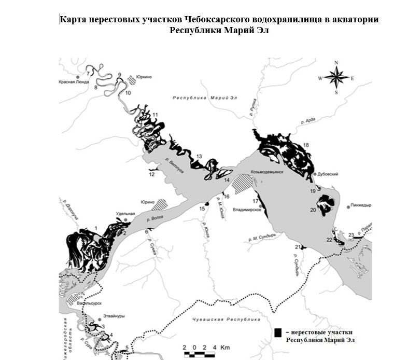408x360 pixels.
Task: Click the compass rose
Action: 336,78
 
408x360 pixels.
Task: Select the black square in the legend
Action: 278,331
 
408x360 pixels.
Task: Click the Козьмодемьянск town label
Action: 267,172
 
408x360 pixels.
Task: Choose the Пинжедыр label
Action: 361,205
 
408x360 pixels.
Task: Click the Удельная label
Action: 125,214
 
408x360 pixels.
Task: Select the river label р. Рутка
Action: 254,106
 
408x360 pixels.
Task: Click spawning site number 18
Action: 306,145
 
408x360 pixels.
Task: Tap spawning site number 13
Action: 198,156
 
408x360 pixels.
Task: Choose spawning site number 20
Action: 313,210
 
